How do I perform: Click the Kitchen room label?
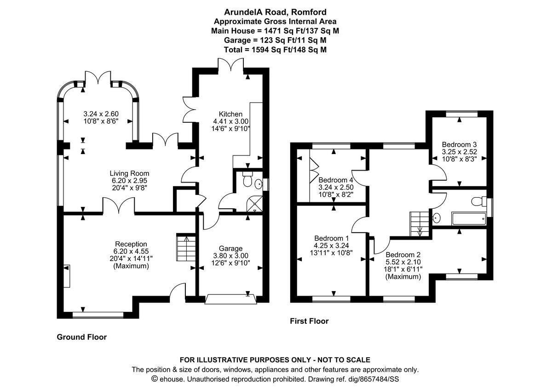[x=230, y=114]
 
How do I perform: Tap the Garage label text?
[x=230, y=248]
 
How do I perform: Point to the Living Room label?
[x=129, y=173]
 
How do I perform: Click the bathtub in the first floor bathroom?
[x=468, y=218]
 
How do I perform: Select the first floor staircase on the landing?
[x=419, y=224]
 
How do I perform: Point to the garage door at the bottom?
[x=230, y=299]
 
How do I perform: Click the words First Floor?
[x=309, y=321]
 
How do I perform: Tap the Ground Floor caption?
[x=81, y=337]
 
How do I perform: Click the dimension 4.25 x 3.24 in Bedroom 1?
[x=331, y=245]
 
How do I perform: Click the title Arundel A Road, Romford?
[x=276, y=12]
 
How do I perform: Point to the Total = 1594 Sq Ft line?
[x=276, y=50]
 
